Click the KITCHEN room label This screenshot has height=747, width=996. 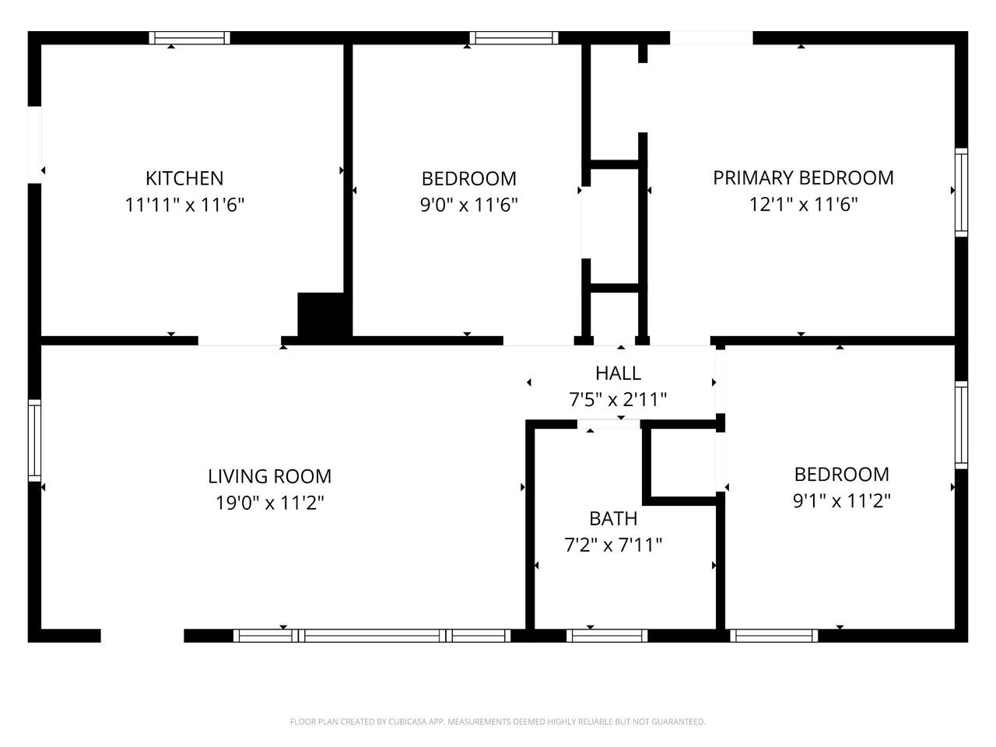coord(184,178)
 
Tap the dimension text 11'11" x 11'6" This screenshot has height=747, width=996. coord(184,205)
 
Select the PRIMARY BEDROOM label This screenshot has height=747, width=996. coord(803,177)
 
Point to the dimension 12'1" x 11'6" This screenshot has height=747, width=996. coord(803,204)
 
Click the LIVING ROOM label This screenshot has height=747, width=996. coord(269,476)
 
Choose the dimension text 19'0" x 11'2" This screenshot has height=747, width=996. coord(269,503)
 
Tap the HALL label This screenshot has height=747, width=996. coord(618,373)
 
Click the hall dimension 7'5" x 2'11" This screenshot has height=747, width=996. coord(618,400)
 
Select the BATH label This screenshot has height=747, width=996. coord(613,518)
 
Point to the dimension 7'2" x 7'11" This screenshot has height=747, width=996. coord(613,545)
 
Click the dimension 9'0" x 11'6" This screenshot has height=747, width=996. coord(468,205)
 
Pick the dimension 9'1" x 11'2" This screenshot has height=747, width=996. coord(841,500)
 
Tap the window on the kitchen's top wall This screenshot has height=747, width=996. coord(189,37)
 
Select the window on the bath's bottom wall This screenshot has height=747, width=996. coord(607,636)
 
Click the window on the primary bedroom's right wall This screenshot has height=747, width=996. coord(961,192)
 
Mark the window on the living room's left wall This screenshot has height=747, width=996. coord(34,440)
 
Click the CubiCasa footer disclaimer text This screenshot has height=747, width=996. coord(498,721)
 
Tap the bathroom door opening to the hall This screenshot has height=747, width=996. coord(608,424)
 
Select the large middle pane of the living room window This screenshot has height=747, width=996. coord(372,636)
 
